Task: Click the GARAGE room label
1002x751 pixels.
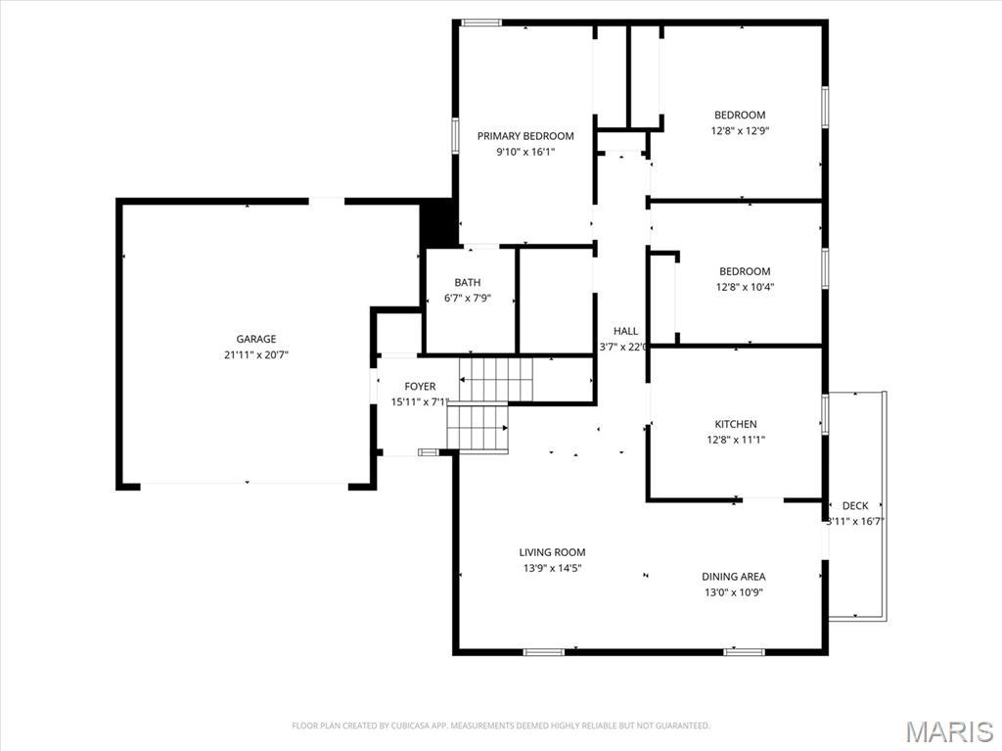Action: point(255,339)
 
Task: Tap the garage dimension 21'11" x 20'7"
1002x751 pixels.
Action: point(255,355)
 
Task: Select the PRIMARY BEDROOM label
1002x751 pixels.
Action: point(525,136)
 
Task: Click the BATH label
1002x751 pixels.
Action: point(467,283)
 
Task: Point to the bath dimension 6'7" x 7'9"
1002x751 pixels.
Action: point(467,299)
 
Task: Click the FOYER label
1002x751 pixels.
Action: point(420,387)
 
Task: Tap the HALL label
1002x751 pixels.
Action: point(625,331)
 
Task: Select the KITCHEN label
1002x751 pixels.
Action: point(735,424)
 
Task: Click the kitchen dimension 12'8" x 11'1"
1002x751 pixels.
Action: point(735,440)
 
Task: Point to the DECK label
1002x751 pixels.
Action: point(855,505)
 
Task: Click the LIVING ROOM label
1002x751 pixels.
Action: point(552,552)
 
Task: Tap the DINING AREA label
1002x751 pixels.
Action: point(733,577)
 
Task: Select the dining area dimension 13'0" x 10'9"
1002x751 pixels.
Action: point(733,592)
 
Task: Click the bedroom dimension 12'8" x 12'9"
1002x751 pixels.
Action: point(739,130)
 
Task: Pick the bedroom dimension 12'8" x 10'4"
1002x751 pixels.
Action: point(744,287)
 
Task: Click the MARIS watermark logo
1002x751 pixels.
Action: point(948,731)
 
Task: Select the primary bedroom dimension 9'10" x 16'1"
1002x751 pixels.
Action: point(525,152)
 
